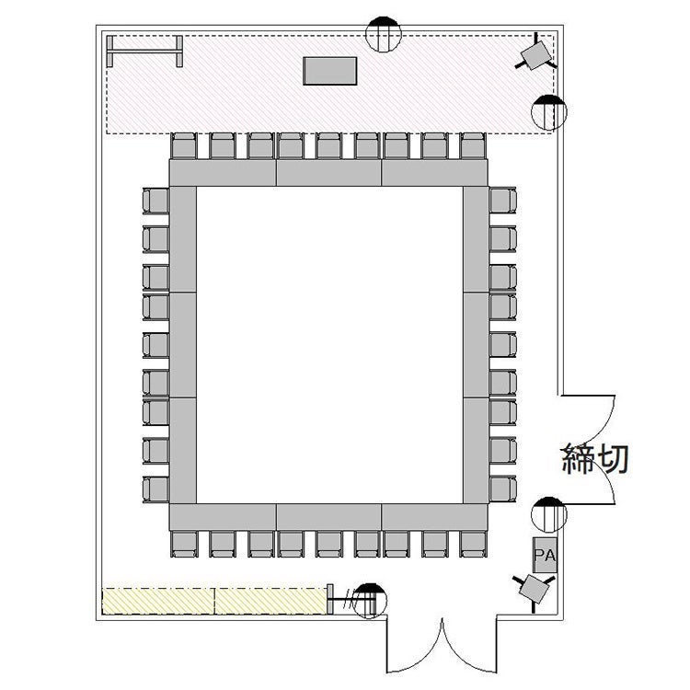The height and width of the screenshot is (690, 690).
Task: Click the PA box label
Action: coord(545,555)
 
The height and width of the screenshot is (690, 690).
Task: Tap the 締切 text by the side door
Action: coord(595,459)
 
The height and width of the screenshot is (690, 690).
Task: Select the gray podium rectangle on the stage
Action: coord(329,71)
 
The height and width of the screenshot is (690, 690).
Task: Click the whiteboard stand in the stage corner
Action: coord(144,52)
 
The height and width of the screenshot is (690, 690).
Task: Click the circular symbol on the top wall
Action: coord(384,34)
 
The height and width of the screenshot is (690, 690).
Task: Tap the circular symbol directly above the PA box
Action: coord(549,514)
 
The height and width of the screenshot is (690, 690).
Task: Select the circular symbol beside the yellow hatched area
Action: coord(370,601)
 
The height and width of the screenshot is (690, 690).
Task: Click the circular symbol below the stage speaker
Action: coord(549,112)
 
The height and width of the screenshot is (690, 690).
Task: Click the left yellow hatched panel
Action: coord(158,601)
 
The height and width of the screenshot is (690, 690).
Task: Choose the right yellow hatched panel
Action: coord(271,601)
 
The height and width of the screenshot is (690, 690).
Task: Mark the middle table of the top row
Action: coord(328,173)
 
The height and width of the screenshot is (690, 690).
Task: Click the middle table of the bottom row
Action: coord(328,517)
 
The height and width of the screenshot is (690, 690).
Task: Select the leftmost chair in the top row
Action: coord(184,146)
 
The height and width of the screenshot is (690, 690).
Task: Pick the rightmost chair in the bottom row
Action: coord(474,544)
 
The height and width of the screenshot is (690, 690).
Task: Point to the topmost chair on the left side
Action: coord(156,201)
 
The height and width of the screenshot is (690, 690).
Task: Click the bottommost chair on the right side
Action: coord(502,489)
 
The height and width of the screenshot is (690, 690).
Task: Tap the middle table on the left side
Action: coord(183,345)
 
